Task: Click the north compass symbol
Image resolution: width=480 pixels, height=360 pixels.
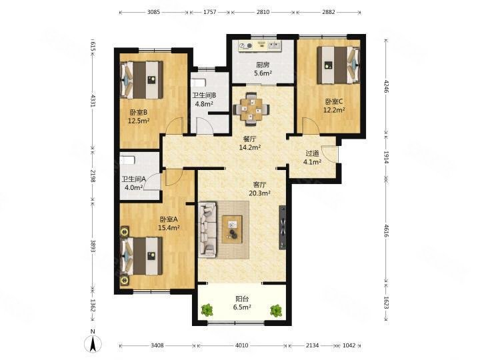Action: (x=93, y=341)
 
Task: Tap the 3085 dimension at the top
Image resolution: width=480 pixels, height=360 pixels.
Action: (x=154, y=12)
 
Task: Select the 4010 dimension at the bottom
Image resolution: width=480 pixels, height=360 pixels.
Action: (x=242, y=345)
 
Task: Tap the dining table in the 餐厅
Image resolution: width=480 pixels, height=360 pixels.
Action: (x=251, y=109)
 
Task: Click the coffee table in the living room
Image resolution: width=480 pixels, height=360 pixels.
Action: (x=232, y=229)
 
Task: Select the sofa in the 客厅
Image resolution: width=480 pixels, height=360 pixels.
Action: (x=207, y=229)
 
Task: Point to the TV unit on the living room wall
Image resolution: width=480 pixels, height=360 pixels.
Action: (x=282, y=227)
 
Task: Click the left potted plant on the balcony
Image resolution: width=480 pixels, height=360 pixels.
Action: (x=207, y=310)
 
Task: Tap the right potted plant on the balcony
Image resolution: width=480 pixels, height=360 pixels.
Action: (x=276, y=310)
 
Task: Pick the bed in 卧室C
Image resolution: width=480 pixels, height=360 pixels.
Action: (x=338, y=65)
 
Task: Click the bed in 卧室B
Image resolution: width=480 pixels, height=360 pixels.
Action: (x=141, y=80)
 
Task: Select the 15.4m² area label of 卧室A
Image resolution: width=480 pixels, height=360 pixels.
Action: (x=169, y=228)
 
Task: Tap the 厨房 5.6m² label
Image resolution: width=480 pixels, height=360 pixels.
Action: (x=263, y=69)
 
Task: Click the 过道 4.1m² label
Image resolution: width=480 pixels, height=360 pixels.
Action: (x=312, y=157)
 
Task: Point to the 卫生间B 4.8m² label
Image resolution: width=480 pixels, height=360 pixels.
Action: (x=204, y=99)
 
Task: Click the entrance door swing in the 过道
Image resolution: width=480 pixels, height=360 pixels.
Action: (x=330, y=154)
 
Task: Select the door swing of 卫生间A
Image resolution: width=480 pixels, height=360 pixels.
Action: (x=152, y=182)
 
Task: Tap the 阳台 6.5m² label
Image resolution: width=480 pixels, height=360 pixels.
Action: (x=242, y=303)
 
